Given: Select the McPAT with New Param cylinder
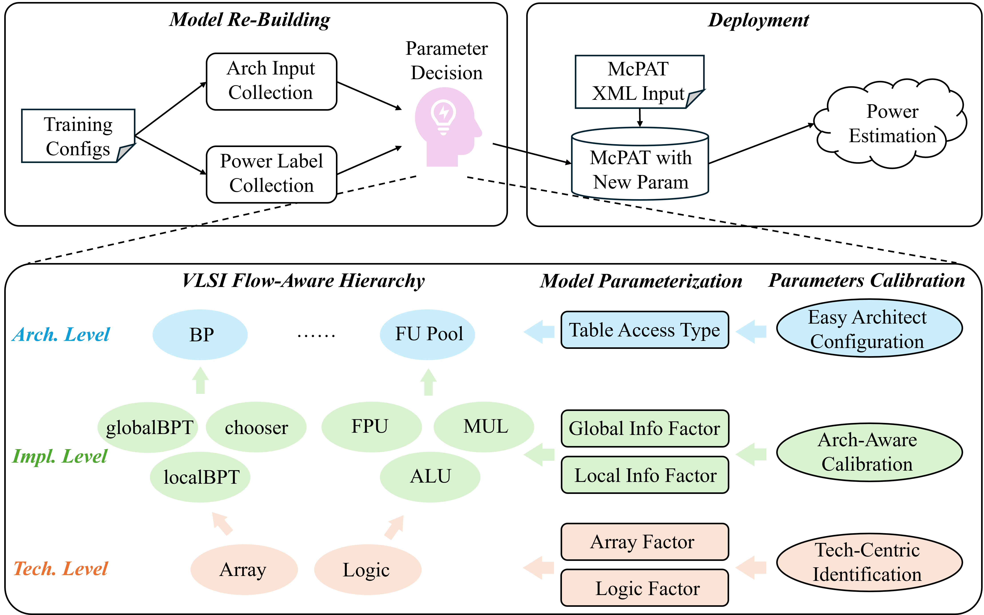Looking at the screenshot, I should (640, 167).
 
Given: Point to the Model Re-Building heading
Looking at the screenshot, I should (250, 20).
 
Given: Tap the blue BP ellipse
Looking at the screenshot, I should (200, 335).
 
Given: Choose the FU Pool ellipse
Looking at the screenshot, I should (427, 334).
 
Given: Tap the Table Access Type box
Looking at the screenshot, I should (645, 330).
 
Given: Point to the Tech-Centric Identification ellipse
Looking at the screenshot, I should (869, 562).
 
